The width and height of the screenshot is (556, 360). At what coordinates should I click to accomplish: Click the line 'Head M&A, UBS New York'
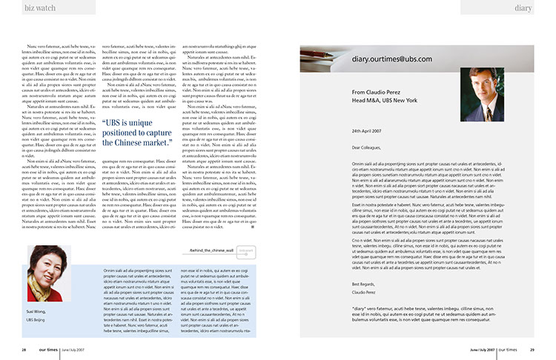(384, 100)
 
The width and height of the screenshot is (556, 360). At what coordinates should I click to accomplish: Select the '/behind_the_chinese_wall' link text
(211, 272)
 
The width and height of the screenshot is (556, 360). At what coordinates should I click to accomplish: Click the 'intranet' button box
(246, 272)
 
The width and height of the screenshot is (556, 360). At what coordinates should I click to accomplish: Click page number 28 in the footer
(24, 350)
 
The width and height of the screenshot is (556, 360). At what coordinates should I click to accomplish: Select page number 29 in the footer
(532, 350)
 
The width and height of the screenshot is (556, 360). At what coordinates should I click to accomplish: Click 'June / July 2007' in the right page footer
(482, 350)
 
